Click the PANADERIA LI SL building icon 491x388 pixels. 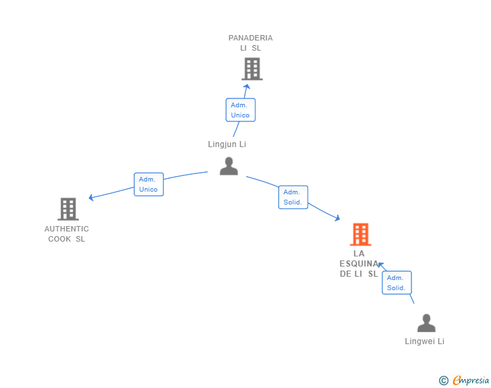click(252, 69)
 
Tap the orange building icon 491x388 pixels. click(360, 234)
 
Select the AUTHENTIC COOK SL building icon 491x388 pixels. click(68, 209)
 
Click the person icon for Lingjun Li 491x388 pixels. click(229, 166)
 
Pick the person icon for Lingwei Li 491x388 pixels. click(426, 323)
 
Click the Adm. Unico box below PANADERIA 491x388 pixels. click(241, 110)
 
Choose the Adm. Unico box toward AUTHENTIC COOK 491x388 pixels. click(149, 184)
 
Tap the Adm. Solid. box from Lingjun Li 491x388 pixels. click(293, 197)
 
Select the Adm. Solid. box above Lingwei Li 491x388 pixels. click(397, 283)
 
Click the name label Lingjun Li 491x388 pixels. click(227, 144)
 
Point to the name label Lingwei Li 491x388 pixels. click(424, 341)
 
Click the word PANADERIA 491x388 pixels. click(250, 38)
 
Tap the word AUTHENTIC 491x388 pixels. click(67, 229)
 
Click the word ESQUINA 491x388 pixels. click(359, 264)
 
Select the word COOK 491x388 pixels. click(59, 239)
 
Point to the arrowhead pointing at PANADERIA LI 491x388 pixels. click(247, 86)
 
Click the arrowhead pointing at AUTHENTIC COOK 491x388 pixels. click(91, 198)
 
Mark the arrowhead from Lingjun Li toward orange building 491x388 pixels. click(337, 218)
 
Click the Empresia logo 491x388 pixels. click(471, 381)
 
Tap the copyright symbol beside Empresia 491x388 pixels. click(444, 381)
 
